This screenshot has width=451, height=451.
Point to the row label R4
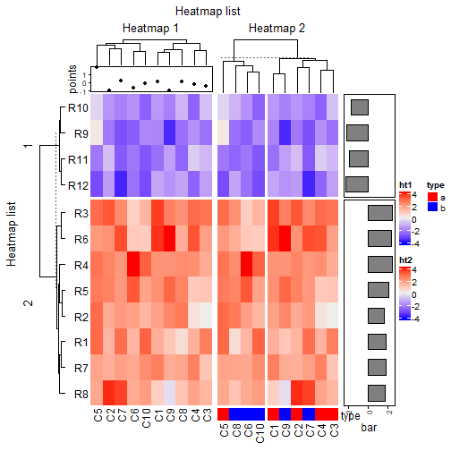pos(79,265)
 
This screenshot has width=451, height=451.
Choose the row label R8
pos(79,392)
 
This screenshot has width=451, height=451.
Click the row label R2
pos(79,317)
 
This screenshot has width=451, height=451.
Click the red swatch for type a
pos(431,195)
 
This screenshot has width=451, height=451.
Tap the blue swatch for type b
pos(431,207)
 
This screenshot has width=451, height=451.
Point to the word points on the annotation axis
pos(73,79)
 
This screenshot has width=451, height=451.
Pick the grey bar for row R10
pos(360,107)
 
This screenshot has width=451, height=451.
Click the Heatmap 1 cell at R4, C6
pos(133,265)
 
